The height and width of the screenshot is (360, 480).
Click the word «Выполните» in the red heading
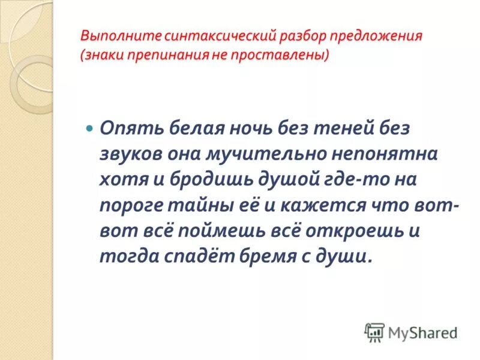(113, 35)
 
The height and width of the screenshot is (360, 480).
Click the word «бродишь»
(205, 179)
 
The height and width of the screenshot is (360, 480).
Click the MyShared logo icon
(374, 332)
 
